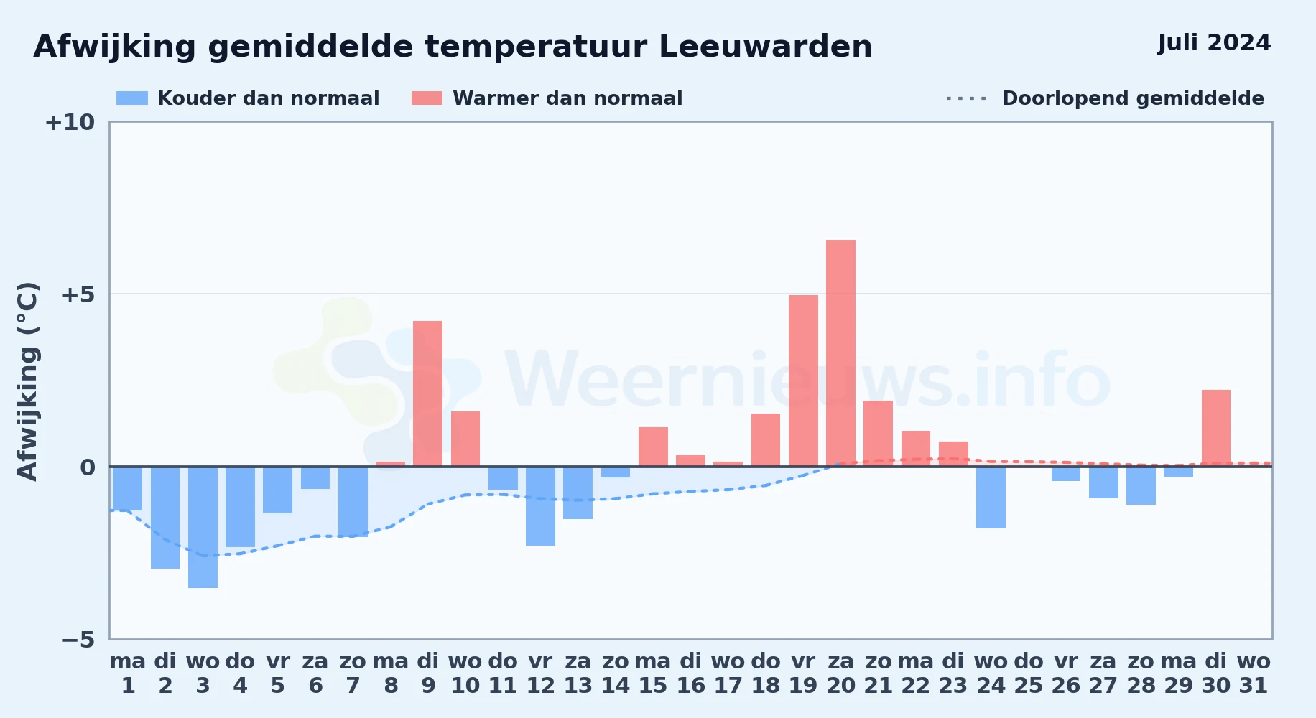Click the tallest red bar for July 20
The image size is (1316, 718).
click(840, 353)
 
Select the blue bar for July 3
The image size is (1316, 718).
click(203, 527)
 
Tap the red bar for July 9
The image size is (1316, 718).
click(428, 393)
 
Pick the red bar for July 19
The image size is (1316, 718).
click(803, 381)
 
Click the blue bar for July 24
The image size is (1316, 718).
click(991, 498)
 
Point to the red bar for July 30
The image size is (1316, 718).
click(1216, 428)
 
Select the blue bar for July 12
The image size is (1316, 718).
click(540, 506)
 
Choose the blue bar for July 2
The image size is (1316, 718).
click(165, 518)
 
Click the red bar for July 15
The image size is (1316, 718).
click(653, 447)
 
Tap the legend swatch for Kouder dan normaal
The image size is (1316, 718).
click(132, 98)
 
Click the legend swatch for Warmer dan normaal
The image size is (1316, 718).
click(427, 98)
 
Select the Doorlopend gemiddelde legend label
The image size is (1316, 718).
click(1133, 98)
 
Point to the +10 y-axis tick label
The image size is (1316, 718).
click(70, 122)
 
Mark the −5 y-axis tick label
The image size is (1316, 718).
click(78, 639)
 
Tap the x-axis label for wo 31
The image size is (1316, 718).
click(1254, 673)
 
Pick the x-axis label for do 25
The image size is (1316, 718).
click(1029, 673)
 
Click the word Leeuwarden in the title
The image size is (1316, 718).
click(765, 47)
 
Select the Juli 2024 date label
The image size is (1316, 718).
click(1214, 43)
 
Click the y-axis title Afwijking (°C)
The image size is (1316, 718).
click(27, 381)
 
